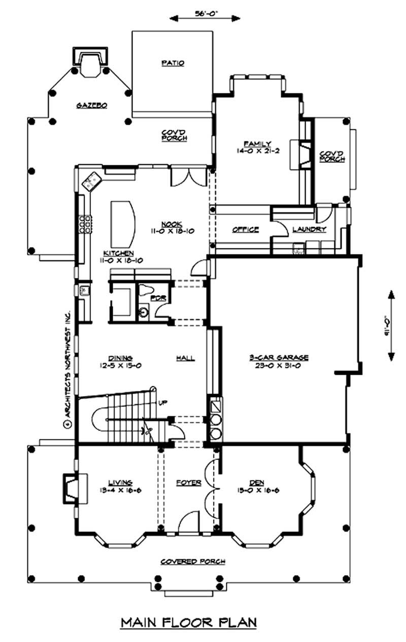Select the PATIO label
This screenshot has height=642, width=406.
pyautogui.click(x=173, y=63)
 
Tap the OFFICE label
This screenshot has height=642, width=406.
pyautogui.click(x=246, y=229)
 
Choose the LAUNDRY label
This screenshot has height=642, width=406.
pyautogui.click(x=309, y=229)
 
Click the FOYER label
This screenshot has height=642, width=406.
pyautogui.click(x=189, y=482)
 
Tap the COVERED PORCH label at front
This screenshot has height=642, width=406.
pyautogui.click(x=193, y=561)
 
